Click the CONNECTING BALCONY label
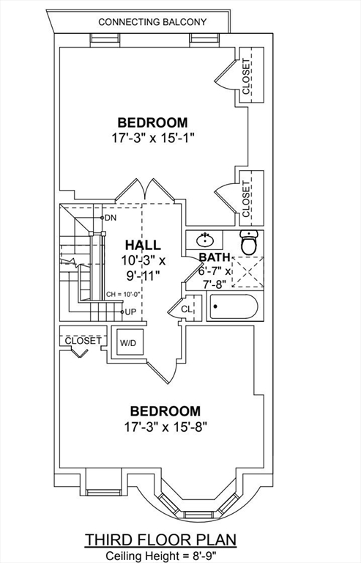point(152,22)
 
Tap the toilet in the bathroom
point(249,242)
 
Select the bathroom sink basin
point(204,240)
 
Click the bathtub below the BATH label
point(234,306)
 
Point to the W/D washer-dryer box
point(128,342)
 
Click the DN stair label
point(111,218)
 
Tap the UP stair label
point(130,312)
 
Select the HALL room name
point(143,245)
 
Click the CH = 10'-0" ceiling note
point(122,295)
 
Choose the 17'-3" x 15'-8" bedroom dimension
point(166,427)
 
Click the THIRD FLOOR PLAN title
point(160,540)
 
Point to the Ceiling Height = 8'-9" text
point(161,556)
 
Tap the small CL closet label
point(187,309)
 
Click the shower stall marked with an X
point(248,272)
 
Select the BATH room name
point(215,257)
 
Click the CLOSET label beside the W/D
point(83,340)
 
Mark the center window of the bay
point(198,515)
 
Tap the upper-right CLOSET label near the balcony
point(246,76)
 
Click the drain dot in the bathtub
point(215,306)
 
